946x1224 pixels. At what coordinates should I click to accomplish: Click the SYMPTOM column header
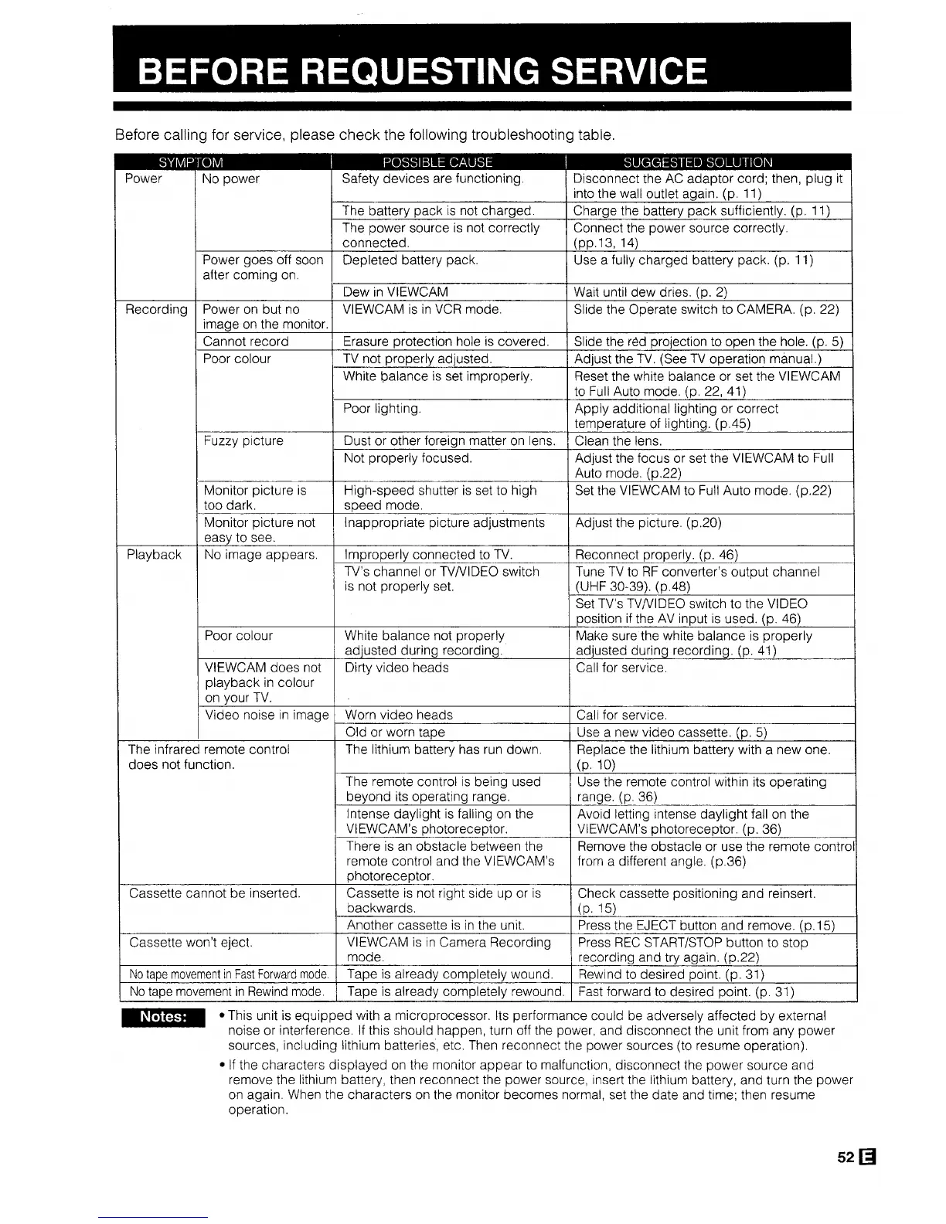(x=190, y=162)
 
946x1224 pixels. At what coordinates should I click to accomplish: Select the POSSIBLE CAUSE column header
(x=437, y=162)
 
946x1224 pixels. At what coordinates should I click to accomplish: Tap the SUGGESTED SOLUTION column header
(x=697, y=162)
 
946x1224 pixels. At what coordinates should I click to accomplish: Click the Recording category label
(x=156, y=310)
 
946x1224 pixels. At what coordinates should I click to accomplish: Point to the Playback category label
(x=154, y=555)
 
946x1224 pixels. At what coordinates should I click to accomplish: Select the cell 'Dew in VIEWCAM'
(x=395, y=292)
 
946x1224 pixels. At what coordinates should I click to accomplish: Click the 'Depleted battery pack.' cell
(x=410, y=260)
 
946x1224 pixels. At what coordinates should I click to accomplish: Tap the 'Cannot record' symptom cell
(x=245, y=342)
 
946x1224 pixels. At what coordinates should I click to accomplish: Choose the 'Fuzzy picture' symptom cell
(x=243, y=441)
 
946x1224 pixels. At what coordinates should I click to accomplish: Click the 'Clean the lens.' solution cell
(x=618, y=441)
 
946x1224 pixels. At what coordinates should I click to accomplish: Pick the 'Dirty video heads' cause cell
(x=396, y=668)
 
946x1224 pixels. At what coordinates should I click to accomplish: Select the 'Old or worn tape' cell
(x=394, y=733)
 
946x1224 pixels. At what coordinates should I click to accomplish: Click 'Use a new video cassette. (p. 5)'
(x=671, y=733)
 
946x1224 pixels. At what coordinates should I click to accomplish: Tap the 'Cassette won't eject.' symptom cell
(x=190, y=943)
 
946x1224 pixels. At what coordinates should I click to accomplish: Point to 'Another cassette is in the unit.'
(x=436, y=925)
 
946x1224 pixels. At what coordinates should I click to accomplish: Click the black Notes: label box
(x=162, y=1017)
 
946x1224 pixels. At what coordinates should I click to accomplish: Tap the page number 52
(x=845, y=1158)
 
